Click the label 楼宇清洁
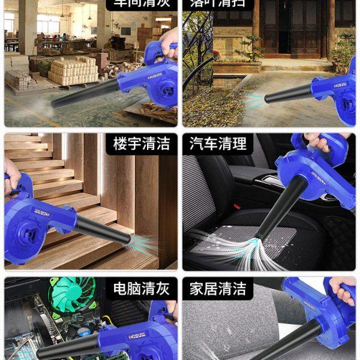[142, 144]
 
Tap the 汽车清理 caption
[218, 144]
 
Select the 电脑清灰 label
[142, 289]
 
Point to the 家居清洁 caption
[218, 289]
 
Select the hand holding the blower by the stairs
[11, 177]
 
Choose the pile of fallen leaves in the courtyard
[210, 108]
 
